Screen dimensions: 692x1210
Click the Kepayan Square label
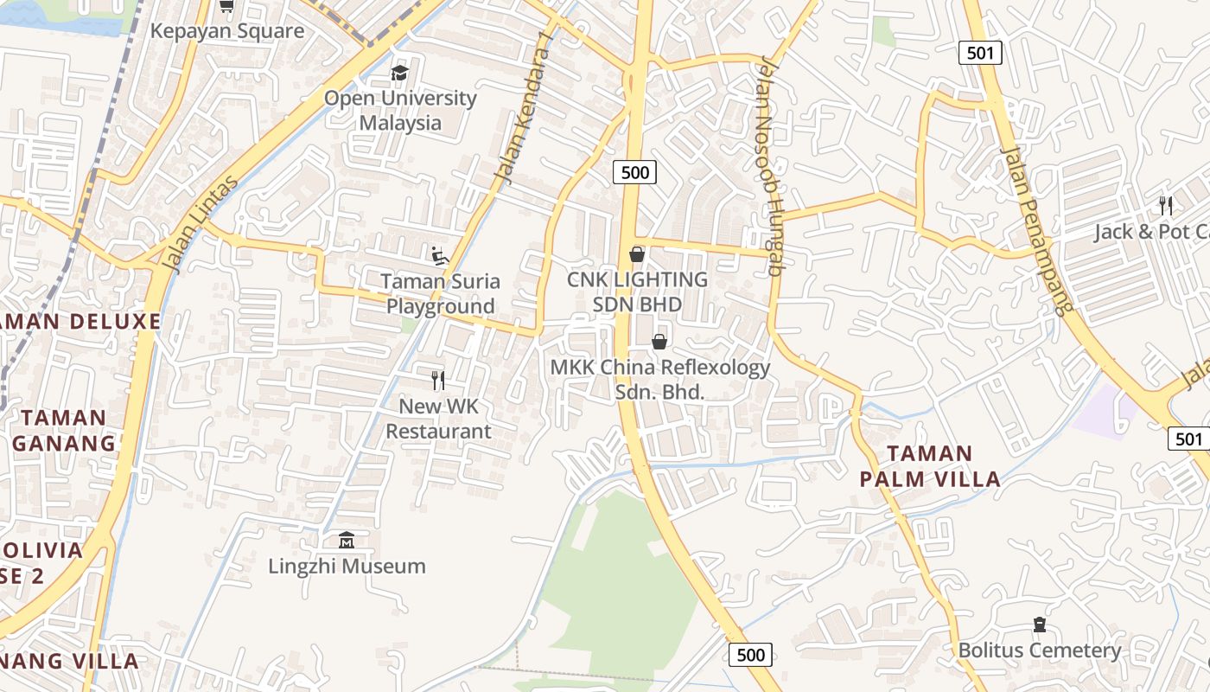227,31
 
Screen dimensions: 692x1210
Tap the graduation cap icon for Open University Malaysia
399,73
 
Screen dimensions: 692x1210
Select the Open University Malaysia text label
400,110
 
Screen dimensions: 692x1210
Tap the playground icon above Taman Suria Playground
439,254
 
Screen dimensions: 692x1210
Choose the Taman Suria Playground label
441,293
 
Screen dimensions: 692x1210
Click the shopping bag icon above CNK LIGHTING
637,254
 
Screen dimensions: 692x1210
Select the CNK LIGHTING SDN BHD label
637,292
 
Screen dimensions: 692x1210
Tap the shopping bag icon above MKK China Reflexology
659,342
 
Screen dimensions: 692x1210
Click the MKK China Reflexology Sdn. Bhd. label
660,379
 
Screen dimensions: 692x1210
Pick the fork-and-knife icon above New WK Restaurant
438,380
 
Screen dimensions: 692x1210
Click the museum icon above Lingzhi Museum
347,541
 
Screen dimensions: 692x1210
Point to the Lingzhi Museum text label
347,567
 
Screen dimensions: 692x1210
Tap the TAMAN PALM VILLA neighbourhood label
929,466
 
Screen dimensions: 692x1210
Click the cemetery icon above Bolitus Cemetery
1039,625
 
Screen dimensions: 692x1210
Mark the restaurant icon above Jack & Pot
1166,206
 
